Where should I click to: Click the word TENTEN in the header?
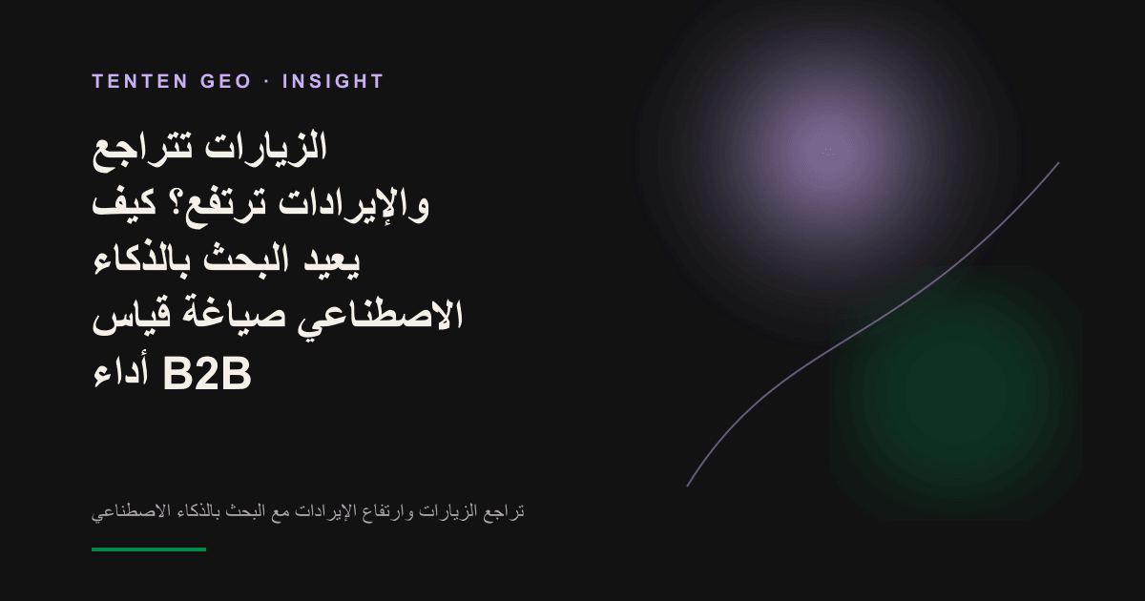point(140,82)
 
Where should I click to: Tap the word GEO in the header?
point(226,82)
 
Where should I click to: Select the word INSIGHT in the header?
point(333,82)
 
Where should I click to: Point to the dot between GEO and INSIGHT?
point(267,82)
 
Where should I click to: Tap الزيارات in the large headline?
point(266,147)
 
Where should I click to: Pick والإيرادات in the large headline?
point(354,205)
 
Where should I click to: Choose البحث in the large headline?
point(246,259)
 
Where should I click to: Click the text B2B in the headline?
point(207,374)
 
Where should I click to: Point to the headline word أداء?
point(120,373)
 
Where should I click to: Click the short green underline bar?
point(149,549)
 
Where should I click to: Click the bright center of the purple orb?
point(828,153)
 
